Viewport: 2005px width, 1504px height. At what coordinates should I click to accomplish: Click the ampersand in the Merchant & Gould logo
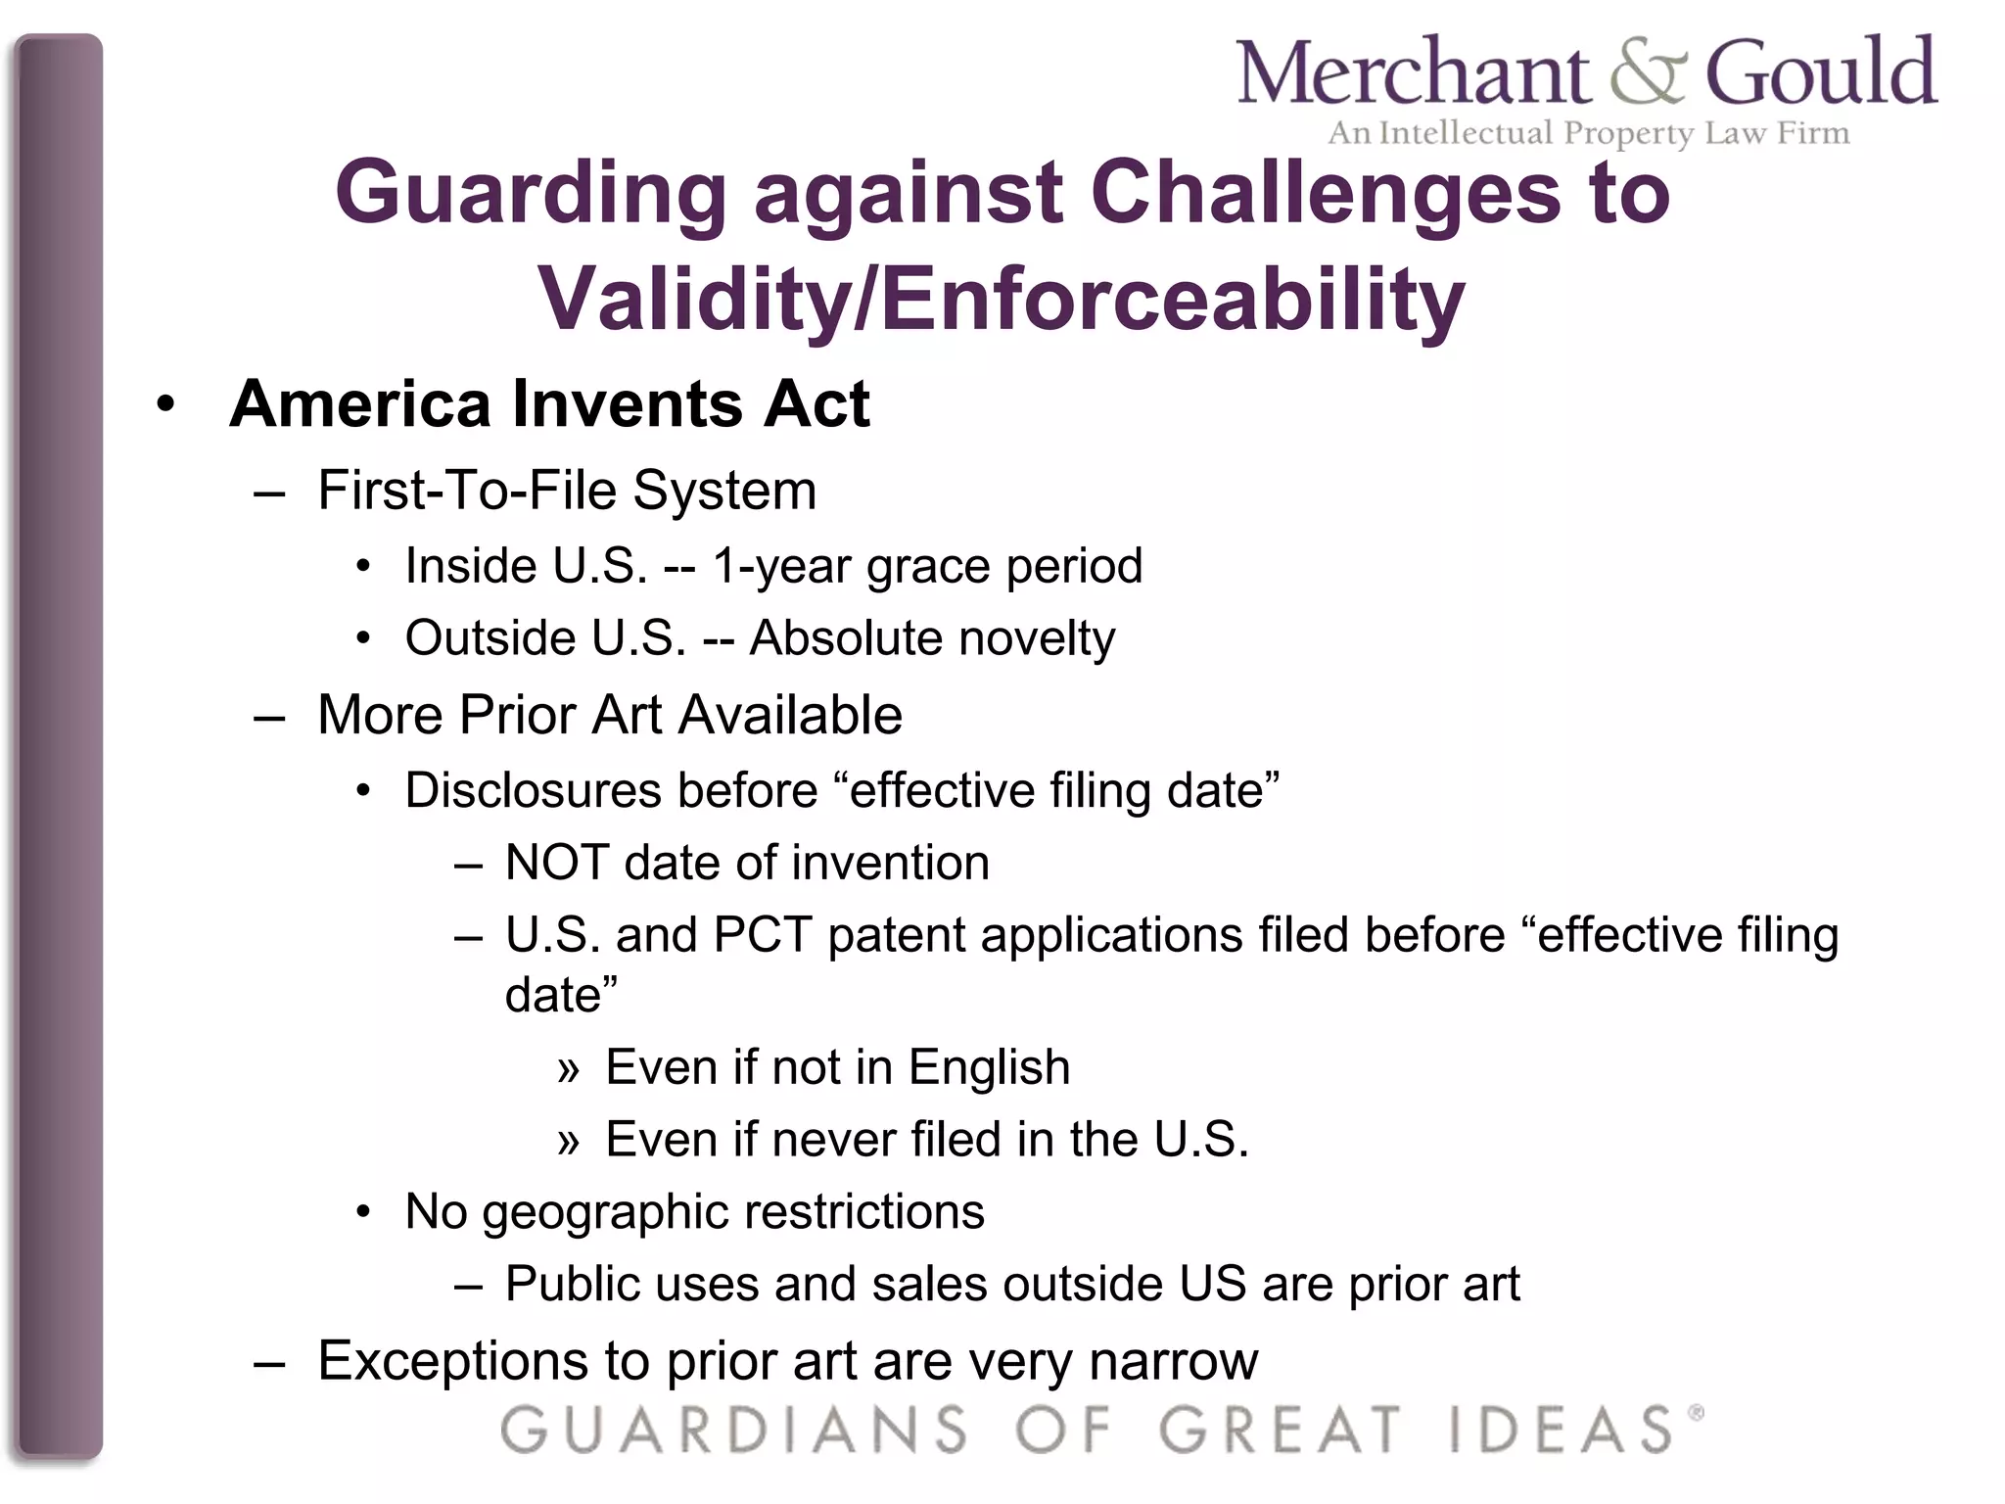1648,72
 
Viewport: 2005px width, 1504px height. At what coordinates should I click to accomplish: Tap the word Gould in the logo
1821,72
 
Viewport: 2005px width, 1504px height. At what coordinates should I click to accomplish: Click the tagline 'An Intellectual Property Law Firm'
1588,132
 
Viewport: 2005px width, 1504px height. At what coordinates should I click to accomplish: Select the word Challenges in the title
1324,192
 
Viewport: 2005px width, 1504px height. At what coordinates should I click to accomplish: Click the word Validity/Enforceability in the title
1001,298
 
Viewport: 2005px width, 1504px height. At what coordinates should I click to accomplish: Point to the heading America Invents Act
549,403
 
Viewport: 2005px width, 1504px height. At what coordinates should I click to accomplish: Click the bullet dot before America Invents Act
165,404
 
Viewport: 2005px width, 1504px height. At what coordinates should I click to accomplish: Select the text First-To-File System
567,490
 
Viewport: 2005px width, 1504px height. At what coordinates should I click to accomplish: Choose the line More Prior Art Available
609,714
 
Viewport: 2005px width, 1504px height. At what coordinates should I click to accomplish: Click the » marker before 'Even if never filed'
569,1142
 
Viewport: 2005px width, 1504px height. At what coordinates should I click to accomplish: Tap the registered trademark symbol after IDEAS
1696,1412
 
